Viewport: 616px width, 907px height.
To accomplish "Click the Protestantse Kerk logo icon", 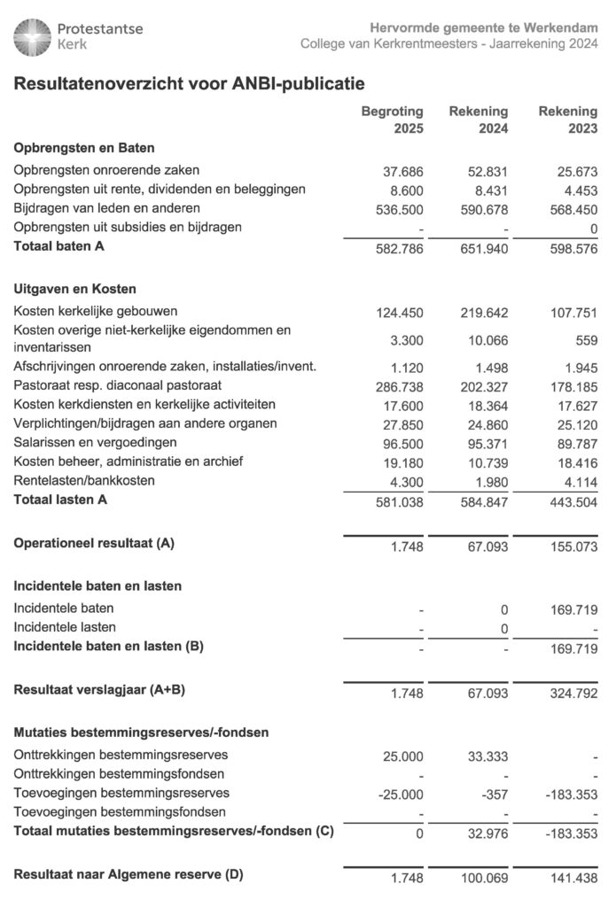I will [33, 36].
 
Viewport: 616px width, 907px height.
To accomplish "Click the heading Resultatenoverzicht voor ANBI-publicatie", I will [189, 84].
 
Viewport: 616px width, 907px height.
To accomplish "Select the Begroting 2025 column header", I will [392, 120].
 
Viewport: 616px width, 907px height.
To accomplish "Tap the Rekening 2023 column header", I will [568, 120].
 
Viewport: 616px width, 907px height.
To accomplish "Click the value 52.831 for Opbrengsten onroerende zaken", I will [487, 171].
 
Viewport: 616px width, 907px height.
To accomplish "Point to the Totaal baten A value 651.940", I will [487, 250].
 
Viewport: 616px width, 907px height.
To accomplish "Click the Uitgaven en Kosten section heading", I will [74, 289].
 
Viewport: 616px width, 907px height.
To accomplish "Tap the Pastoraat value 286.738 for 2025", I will [399, 387].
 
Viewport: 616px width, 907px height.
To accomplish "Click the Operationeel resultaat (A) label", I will [94, 544].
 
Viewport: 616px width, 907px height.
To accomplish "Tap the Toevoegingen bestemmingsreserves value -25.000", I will [401, 794].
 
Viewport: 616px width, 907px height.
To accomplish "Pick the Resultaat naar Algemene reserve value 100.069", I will [487, 877].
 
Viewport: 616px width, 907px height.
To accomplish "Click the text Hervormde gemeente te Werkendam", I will [483, 28].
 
